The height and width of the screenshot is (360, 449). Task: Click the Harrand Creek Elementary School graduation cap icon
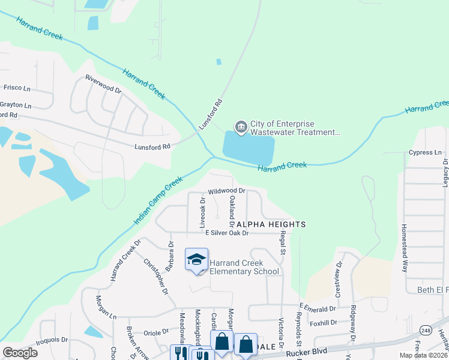tap(196, 260)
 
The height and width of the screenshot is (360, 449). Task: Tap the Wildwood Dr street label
tap(227, 191)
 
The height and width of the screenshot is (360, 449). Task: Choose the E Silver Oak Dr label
tap(226, 233)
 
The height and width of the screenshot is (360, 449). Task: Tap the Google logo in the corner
tap(20, 352)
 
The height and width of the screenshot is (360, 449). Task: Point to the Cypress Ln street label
tap(424, 152)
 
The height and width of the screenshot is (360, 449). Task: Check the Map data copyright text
tap(423, 355)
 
